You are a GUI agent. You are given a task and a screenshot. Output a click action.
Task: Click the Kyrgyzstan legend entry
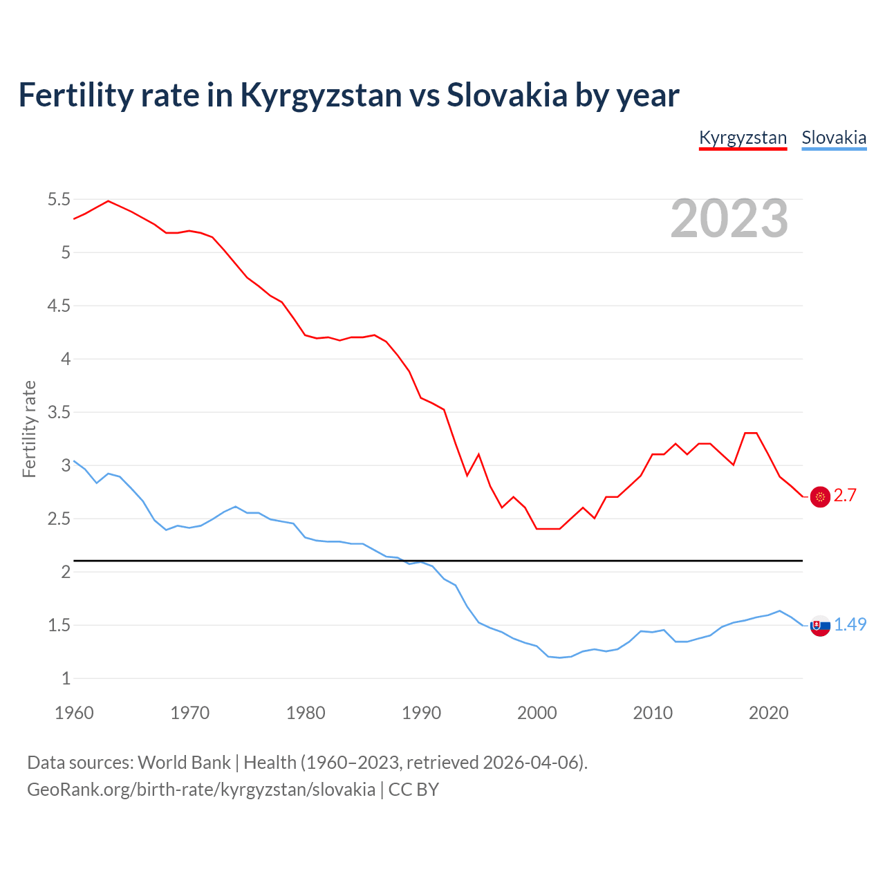click(x=743, y=138)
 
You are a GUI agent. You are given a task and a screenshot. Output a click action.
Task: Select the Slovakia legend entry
click(x=834, y=138)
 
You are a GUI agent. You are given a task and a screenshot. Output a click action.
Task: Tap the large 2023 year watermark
click(x=729, y=218)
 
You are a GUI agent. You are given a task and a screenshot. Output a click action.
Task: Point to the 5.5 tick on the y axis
click(x=59, y=200)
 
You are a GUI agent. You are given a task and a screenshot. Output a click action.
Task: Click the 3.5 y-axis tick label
click(x=59, y=413)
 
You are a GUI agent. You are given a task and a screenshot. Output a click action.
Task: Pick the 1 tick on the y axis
click(x=66, y=679)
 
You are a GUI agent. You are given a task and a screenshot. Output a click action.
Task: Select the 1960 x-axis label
click(x=74, y=713)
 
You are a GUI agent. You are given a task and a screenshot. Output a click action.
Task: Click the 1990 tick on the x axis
click(x=421, y=713)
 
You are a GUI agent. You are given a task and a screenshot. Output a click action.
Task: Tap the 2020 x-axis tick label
click(x=768, y=713)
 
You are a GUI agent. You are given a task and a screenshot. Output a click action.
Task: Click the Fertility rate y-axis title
click(x=29, y=429)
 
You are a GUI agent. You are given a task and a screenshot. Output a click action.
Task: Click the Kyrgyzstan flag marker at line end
click(x=820, y=496)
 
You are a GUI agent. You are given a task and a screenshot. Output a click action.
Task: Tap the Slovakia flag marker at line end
click(x=820, y=626)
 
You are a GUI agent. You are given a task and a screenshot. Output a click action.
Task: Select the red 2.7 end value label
click(x=845, y=496)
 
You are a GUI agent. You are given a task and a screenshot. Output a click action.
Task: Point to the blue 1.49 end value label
click(x=850, y=624)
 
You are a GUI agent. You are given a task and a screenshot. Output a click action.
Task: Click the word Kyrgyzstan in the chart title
click(x=321, y=95)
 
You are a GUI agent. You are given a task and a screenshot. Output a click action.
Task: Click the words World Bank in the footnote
click(x=184, y=763)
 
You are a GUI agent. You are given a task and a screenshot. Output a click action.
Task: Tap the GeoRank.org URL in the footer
click(x=201, y=790)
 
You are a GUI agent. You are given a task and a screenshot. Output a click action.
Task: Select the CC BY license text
click(x=413, y=790)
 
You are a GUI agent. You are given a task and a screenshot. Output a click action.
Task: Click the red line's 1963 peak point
click(x=109, y=201)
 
